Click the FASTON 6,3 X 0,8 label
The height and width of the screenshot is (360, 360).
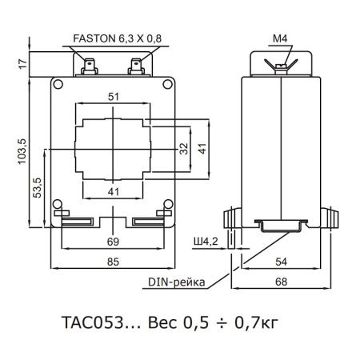[118, 38]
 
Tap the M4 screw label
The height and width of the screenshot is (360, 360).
[280, 39]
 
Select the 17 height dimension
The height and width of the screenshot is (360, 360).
[23, 64]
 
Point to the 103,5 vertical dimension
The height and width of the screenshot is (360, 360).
[22, 151]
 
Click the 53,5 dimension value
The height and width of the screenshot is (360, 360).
[38, 188]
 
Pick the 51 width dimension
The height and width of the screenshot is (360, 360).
[114, 97]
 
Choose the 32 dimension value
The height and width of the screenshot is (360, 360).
[184, 149]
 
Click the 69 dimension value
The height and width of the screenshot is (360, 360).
[113, 242]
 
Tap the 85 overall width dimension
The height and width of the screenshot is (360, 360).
[113, 262]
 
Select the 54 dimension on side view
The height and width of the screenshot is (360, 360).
[281, 262]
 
